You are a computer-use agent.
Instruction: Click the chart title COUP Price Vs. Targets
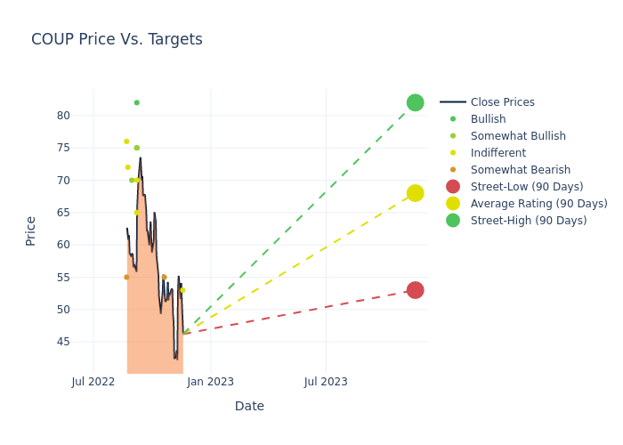point(117,39)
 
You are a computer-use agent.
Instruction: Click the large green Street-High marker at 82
point(415,102)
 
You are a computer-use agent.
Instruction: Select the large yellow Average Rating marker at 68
point(415,193)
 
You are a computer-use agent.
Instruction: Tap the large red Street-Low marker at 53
point(415,290)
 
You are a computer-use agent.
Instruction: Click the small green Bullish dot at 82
point(136,102)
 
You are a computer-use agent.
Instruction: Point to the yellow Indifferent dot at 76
point(126,142)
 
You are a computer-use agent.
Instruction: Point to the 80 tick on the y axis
point(64,116)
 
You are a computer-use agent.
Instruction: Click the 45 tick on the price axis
point(64,342)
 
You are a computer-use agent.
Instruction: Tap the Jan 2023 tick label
point(210,382)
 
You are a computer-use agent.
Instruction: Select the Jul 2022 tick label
point(93,382)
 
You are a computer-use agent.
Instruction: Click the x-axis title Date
point(249,406)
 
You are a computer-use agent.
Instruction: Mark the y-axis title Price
point(31,231)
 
